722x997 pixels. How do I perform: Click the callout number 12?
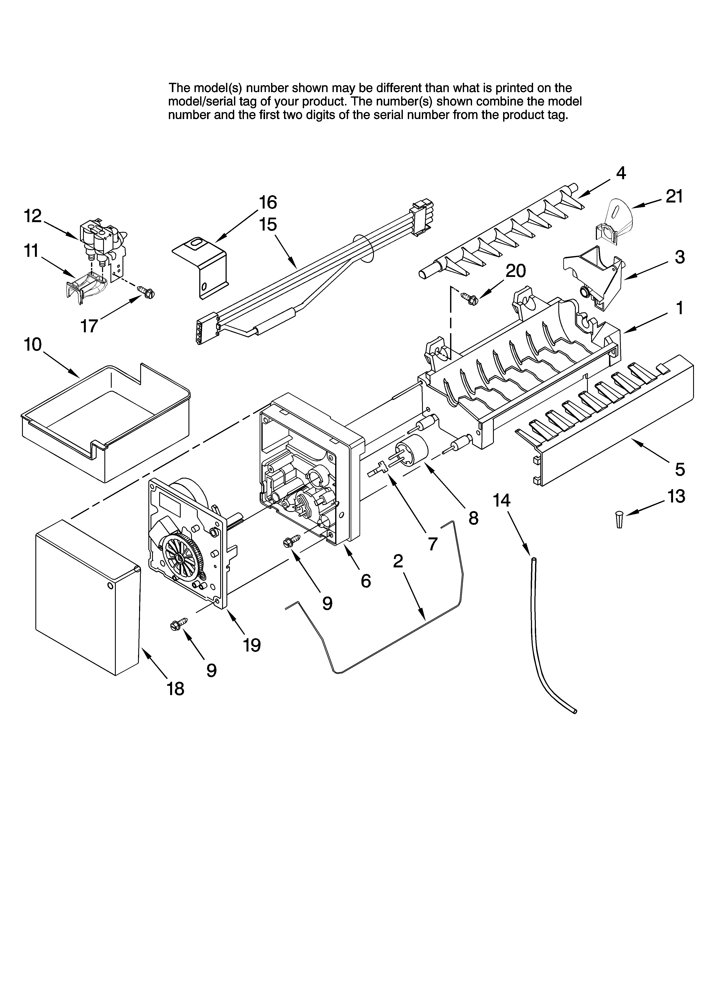[x=33, y=216]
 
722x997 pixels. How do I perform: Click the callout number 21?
[x=674, y=196]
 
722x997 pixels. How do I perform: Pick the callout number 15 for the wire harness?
[x=268, y=224]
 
